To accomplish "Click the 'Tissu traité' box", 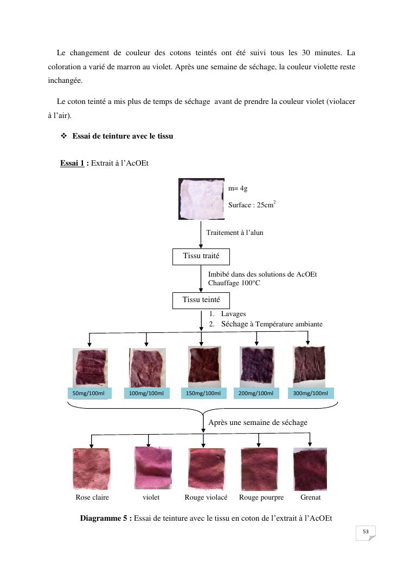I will pyautogui.click(x=201, y=256).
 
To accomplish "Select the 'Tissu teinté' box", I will pyautogui.click(x=201, y=299).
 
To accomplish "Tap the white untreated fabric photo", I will pyautogui.click(x=201, y=199).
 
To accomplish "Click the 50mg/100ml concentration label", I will pyautogui.click(x=88, y=393).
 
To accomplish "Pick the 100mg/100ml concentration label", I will pyautogui.click(x=146, y=393).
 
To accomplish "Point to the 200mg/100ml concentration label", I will pyautogui.click(x=256, y=393).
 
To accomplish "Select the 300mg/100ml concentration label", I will pyautogui.click(x=310, y=393).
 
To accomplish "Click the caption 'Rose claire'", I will pyautogui.click(x=92, y=497).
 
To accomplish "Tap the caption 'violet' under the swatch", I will pyautogui.click(x=151, y=497).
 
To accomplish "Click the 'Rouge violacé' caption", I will pyautogui.click(x=206, y=497).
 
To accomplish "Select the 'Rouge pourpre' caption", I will pyautogui.click(x=261, y=497).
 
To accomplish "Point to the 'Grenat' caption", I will pyautogui.click(x=310, y=497).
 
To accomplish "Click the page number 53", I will pyautogui.click(x=365, y=532).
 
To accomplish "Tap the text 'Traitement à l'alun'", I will pyautogui.click(x=235, y=232).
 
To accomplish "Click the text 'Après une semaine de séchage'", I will pyautogui.click(x=258, y=422).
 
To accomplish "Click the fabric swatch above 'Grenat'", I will pyautogui.click(x=310, y=469).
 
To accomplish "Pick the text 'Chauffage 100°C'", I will pyautogui.click(x=234, y=283).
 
